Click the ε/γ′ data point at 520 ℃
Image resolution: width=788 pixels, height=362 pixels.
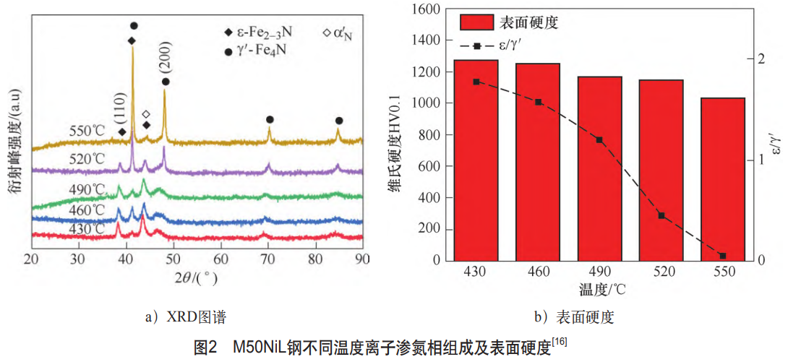click(x=661, y=215)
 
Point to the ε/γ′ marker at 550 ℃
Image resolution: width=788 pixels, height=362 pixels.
click(x=722, y=256)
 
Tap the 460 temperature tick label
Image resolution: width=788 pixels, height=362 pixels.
click(x=538, y=272)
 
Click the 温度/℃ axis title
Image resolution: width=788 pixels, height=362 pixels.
click(x=599, y=290)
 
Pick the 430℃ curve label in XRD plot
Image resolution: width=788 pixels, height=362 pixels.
click(x=87, y=228)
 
